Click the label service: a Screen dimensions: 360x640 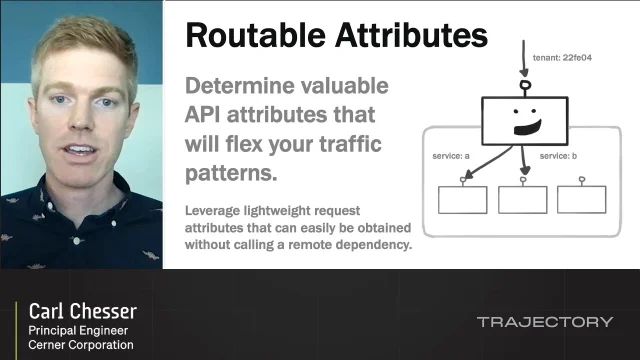[452, 156]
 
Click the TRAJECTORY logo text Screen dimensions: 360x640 [544, 322]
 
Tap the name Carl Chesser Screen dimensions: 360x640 [82, 310]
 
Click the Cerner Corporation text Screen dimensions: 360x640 [80, 346]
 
